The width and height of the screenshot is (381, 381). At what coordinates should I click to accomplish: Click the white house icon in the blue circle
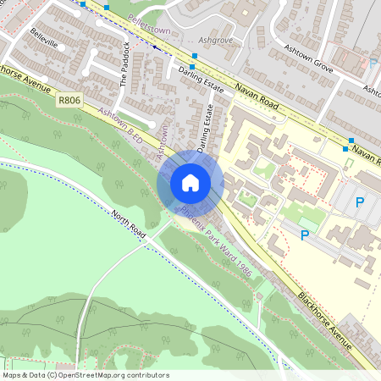click(x=190, y=182)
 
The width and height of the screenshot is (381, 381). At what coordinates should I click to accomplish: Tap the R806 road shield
click(x=70, y=100)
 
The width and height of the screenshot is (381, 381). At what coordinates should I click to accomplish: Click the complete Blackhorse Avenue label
click(x=324, y=319)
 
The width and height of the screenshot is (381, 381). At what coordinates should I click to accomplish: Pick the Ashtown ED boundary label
click(x=121, y=124)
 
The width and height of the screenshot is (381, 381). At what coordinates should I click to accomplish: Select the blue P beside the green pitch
click(x=305, y=235)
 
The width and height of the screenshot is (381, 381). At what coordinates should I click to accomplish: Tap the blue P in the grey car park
click(x=360, y=202)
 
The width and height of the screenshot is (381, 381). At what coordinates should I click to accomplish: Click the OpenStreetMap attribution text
click(x=85, y=375)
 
